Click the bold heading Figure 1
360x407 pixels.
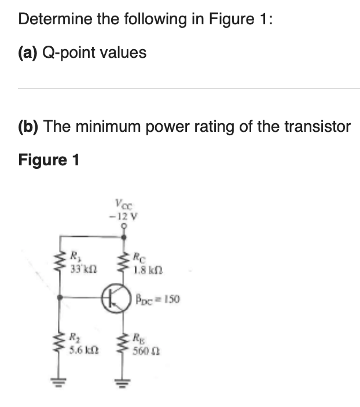49,159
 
